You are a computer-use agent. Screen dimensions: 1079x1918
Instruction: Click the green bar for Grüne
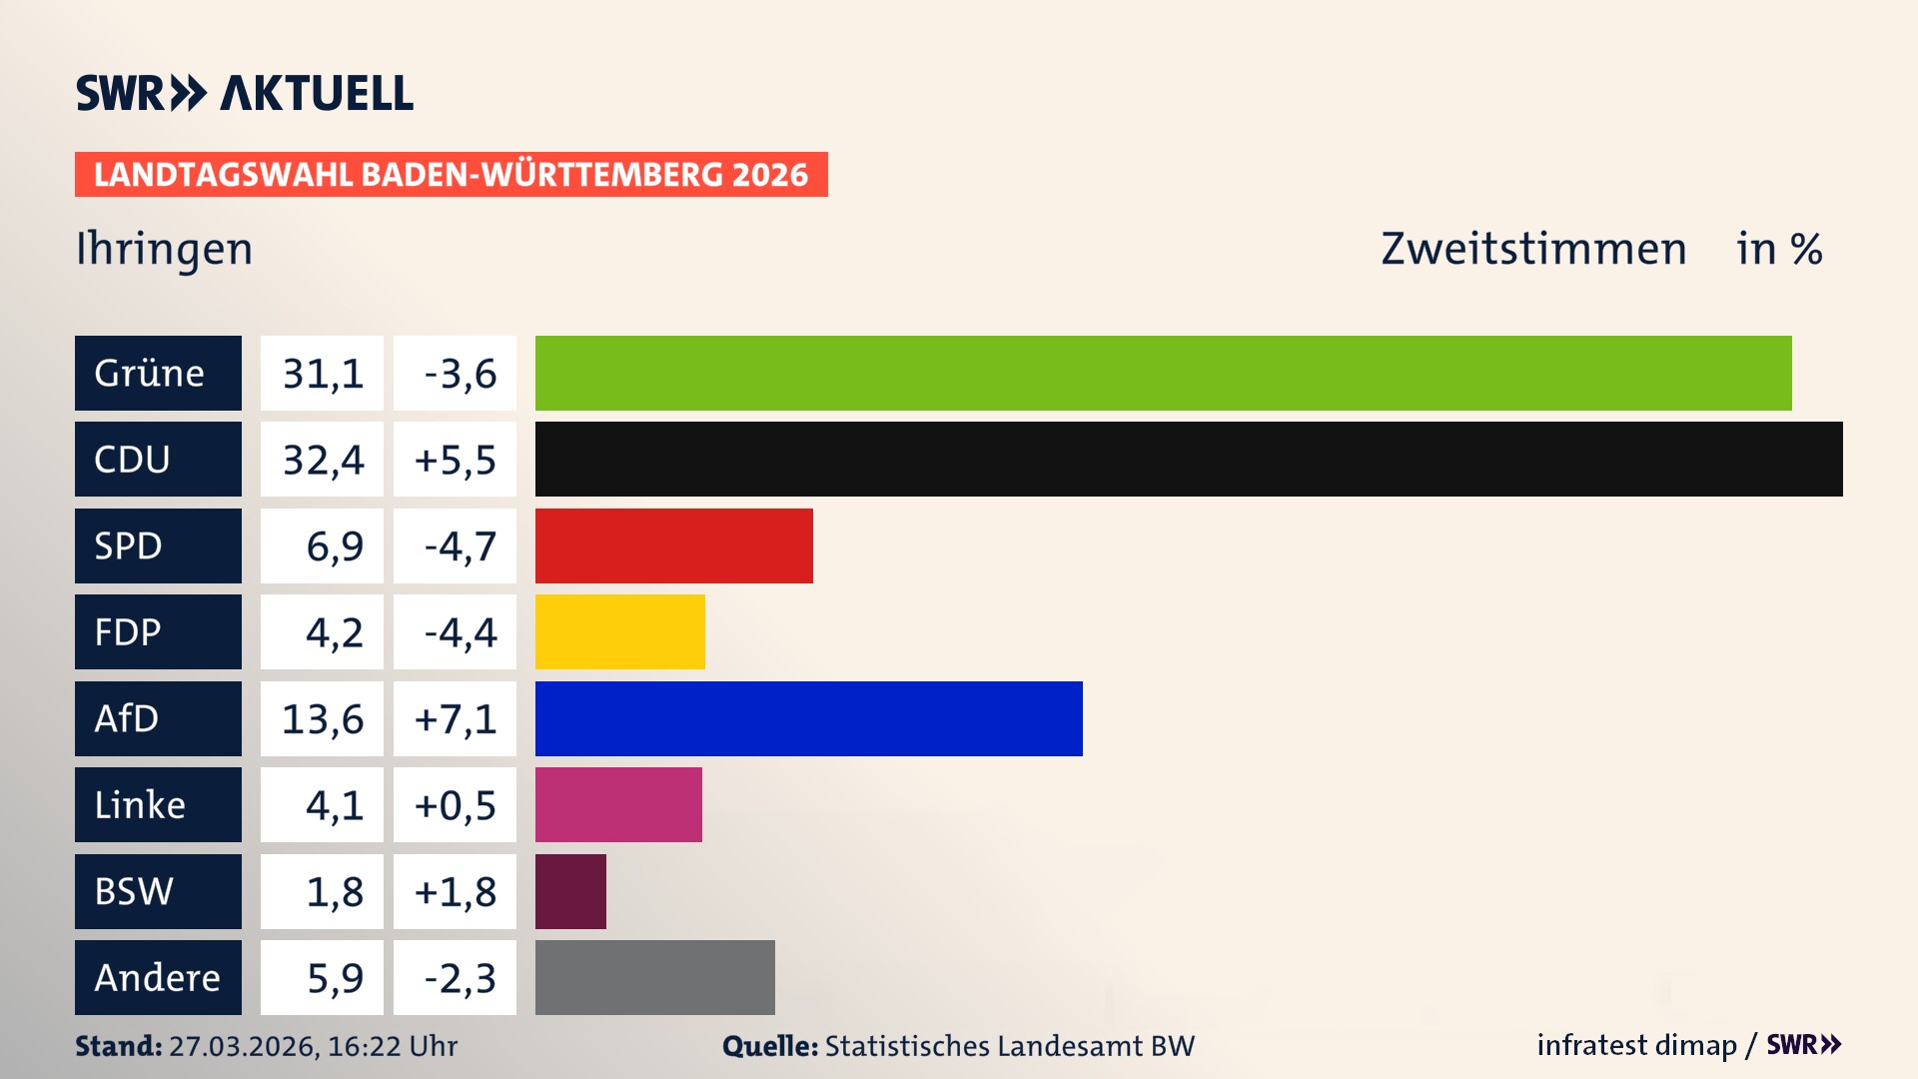pos(1163,373)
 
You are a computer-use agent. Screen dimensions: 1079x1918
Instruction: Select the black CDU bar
pos(1189,459)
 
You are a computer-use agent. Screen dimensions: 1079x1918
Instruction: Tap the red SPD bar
pos(673,545)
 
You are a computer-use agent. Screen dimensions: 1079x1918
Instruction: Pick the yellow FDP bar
pos(619,631)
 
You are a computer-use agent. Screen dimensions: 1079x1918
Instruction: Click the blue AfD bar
pos(808,718)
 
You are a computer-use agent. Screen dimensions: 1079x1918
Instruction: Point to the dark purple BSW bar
pos(570,891)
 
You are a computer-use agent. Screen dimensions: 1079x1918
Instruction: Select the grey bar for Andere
pos(654,977)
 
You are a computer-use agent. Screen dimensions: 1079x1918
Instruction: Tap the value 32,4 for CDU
pos(322,460)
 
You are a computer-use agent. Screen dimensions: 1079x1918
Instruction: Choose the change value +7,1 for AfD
pos(456,719)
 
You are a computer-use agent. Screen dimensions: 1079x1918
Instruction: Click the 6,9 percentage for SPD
pos(334,546)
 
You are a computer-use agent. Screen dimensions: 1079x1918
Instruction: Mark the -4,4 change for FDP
pos(460,632)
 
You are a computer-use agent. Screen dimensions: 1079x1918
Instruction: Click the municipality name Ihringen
pos(165,249)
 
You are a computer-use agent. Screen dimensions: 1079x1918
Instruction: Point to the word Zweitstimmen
pos(1533,249)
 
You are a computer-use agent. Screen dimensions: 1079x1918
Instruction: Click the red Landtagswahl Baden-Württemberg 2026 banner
pos(451,174)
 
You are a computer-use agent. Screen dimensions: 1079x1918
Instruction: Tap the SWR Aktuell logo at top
pos(245,93)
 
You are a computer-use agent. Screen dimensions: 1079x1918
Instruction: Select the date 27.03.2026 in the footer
pos(243,1046)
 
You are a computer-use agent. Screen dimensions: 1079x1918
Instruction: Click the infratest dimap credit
pos(1636,1045)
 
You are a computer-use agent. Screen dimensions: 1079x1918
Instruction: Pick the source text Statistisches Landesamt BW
pos(1009,1046)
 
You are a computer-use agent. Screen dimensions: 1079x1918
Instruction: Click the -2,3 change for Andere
pos(460,978)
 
